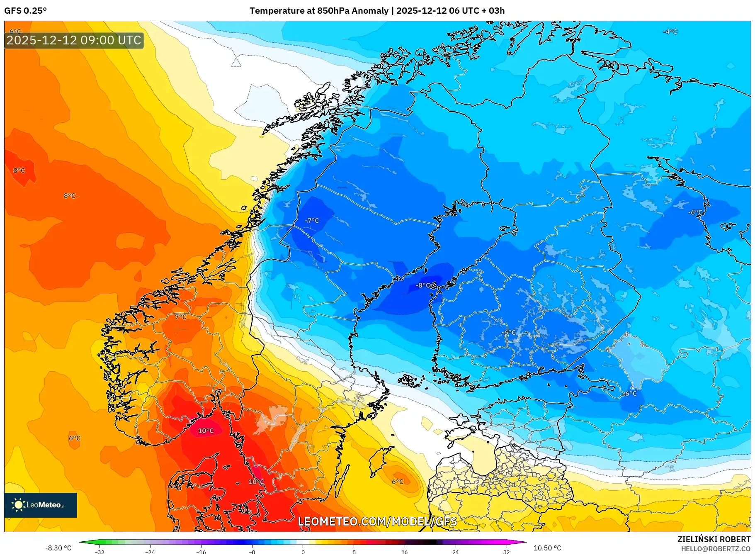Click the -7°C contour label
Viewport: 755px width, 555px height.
[312, 221]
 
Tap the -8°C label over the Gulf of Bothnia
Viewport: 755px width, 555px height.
[423, 285]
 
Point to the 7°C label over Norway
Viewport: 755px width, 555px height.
[180, 317]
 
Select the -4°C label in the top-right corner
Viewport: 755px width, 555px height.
[670, 32]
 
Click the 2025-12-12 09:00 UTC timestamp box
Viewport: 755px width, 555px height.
[74, 40]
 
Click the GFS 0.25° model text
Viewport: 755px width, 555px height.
[26, 11]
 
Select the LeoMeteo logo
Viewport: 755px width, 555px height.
[41, 505]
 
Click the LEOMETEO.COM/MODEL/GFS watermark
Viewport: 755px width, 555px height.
[377, 521]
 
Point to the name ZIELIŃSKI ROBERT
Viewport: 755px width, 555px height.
[714, 539]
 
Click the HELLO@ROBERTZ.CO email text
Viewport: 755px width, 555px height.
[715, 549]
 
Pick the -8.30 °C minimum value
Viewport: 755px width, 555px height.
[58, 548]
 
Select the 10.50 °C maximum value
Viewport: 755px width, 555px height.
[547, 548]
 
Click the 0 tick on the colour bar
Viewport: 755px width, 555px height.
[303, 552]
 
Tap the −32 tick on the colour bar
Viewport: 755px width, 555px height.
[100, 552]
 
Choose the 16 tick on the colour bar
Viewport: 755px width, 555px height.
[405, 552]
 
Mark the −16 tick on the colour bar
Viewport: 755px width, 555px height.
[201, 552]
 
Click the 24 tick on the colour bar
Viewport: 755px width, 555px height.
[455, 552]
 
